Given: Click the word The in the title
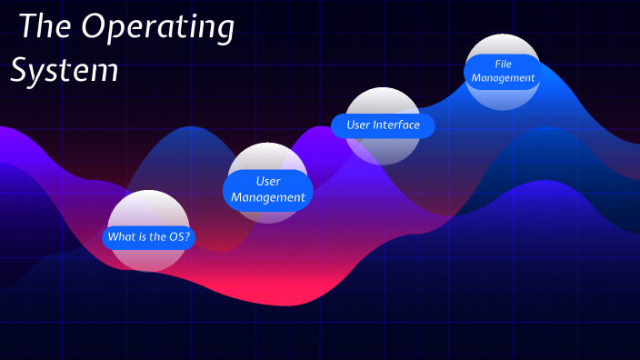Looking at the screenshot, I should point(44,27).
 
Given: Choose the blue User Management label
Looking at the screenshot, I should point(267,189).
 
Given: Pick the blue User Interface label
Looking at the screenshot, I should point(383,125).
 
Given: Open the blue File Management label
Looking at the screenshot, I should point(503,72).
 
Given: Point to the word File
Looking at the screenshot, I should point(503,65).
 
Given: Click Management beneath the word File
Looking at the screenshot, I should point(503,79).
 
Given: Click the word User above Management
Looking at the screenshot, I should point(267,181).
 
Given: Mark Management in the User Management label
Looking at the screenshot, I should point(267,197).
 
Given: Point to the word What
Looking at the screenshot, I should point(122,238).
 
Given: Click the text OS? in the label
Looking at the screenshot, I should point(180,238).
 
